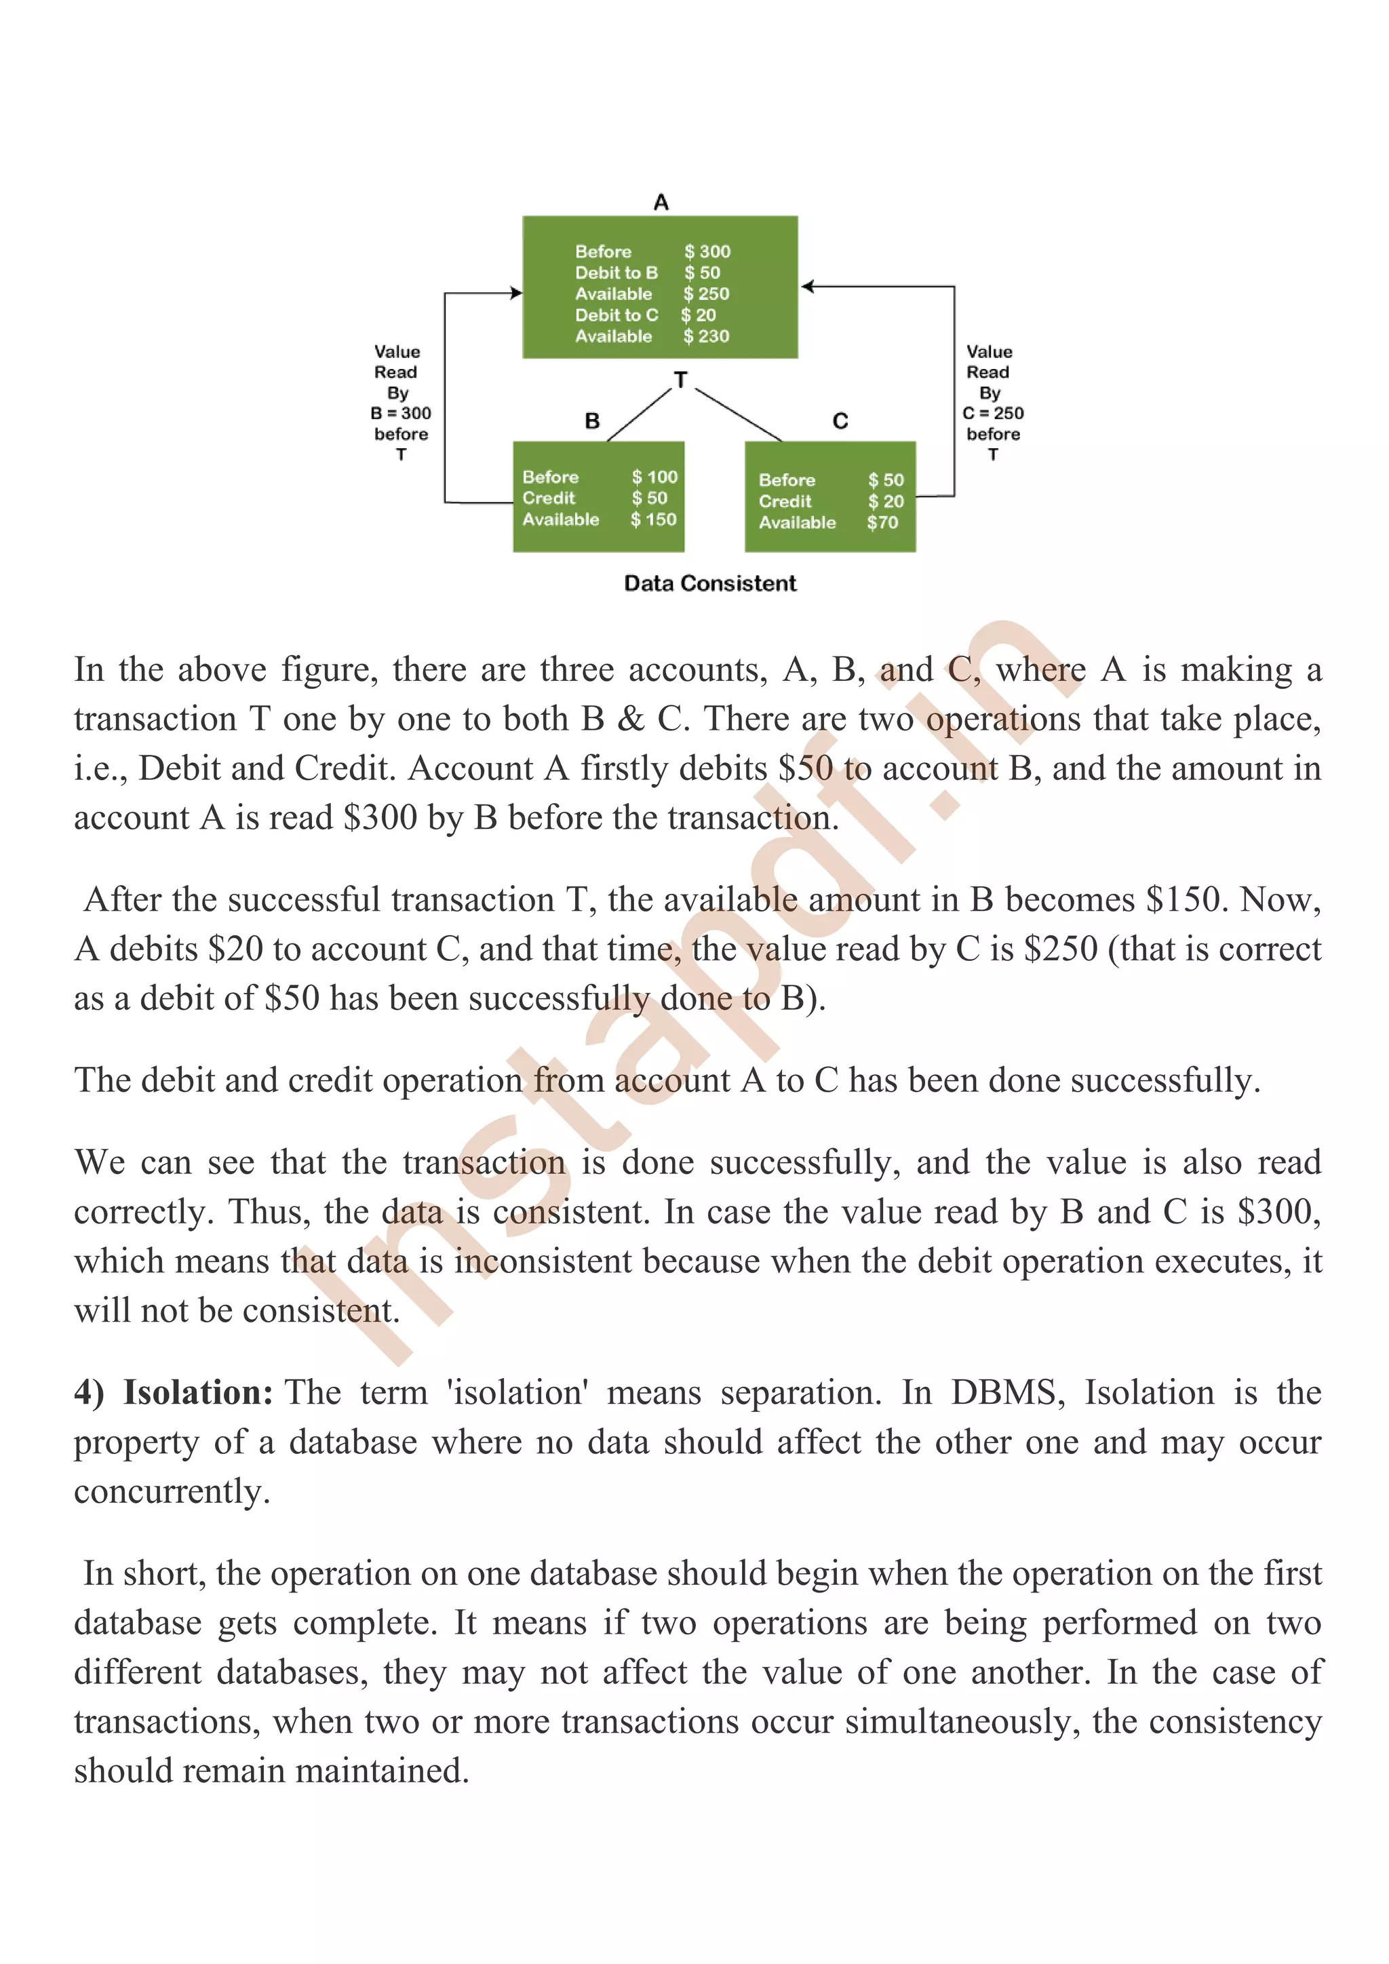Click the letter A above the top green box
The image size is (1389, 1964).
[661, 203]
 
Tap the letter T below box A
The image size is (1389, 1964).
[681, 380]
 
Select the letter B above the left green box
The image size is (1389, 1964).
[592, 421]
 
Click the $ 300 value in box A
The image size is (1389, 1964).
[707, 252]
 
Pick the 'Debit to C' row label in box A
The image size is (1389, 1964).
[617, 315]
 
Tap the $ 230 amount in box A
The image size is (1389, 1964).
[707, 336]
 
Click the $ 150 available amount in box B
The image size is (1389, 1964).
[654, 519]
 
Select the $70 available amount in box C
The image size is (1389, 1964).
[882, 523]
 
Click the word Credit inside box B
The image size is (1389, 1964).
[549, 498]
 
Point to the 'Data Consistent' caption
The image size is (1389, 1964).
[710, 583]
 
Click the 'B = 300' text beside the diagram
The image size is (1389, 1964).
[400, 413]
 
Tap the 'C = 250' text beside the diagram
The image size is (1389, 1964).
[993, 413]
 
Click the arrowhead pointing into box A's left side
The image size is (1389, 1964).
[517, 292]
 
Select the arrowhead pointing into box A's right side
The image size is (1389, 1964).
[806, 287]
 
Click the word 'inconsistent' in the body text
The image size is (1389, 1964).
[543, 1261]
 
